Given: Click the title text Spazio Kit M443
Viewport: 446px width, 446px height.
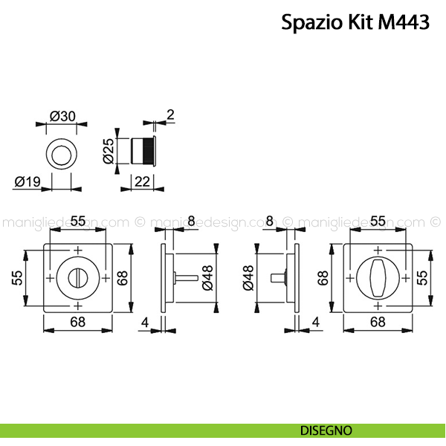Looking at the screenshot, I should tap(355, 22).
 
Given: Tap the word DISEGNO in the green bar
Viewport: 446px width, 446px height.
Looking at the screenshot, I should tap(326, 430).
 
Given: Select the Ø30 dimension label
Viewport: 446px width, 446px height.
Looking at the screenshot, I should tap(62, 116).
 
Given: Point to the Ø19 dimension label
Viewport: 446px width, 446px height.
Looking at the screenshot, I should tap(27, 180).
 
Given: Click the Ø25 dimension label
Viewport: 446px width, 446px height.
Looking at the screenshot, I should tap(108, 151).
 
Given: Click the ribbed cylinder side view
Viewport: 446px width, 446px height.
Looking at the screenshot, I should tap(141, 152).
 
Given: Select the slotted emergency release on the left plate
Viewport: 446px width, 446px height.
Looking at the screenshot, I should tap(77, 277).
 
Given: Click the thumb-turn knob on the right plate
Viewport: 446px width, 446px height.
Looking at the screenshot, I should tap(377, 277).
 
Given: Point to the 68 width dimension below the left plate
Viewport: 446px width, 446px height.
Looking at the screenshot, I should tap(77, 321).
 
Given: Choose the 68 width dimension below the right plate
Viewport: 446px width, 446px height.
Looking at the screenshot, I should tap(377, 321).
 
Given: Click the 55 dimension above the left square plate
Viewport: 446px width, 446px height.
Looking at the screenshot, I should tap(77, 220).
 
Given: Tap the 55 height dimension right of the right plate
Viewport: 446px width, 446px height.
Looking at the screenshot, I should tap(422, 277).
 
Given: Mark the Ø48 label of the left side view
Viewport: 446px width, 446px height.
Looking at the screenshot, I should tap(207, 277).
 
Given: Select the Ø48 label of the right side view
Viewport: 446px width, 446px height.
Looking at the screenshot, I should tap(248, 277).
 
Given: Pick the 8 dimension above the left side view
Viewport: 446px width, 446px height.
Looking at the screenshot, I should tap(191, 220).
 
